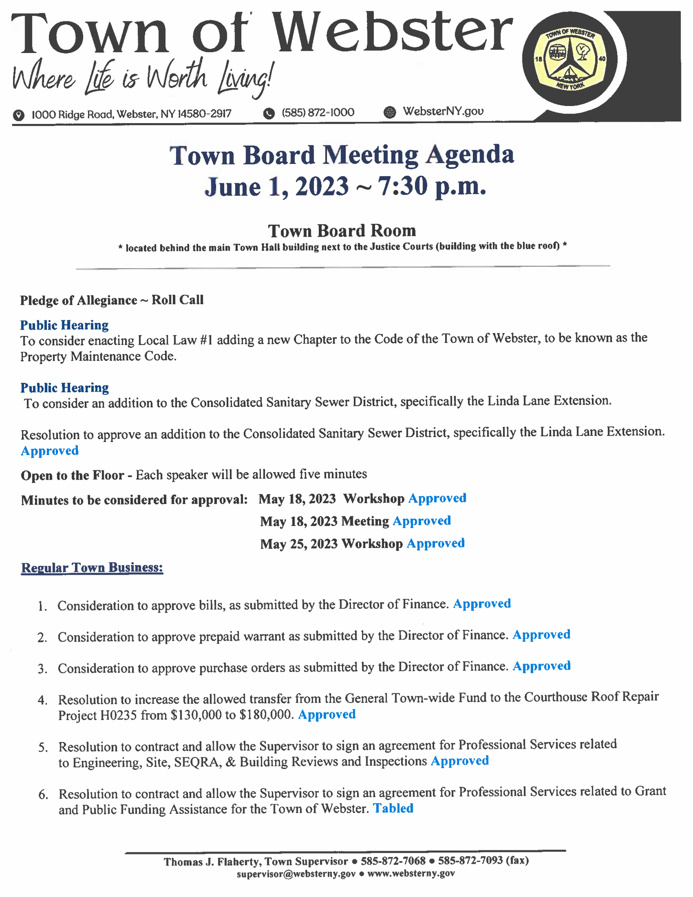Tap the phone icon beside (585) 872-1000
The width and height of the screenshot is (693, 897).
pyautogui.click(x=269, y=114)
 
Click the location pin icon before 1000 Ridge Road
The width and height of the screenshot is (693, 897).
pyautogui.click(x=18, y=115)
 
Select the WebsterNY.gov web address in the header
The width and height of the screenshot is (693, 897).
pyautogui.click(x=443, y=111)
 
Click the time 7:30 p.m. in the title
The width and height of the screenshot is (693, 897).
pyautogui.click(x=432, y=186)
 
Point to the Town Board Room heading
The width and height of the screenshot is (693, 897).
pyautogui.click(x=342, y=231)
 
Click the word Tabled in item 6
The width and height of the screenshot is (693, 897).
pyautogui.click(x=393, y=808)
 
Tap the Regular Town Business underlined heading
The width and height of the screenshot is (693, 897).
pyautogui.click(x=92, y=568)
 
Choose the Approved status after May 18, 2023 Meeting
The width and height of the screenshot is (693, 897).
pyautogui.click(x=422, y=521)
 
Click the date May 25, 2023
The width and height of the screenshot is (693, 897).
pyautogui.click(x=299, y=544)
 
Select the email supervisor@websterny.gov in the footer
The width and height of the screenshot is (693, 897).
pyautogui.click(x=296, y=873)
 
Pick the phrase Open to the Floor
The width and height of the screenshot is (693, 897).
pyautogui.click(x=72, y=475)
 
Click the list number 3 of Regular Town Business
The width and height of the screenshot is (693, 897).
pyautogui.click(x=42, y=669)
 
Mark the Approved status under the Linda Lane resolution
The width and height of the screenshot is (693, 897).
pyautogui.click(x=49, y=451)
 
